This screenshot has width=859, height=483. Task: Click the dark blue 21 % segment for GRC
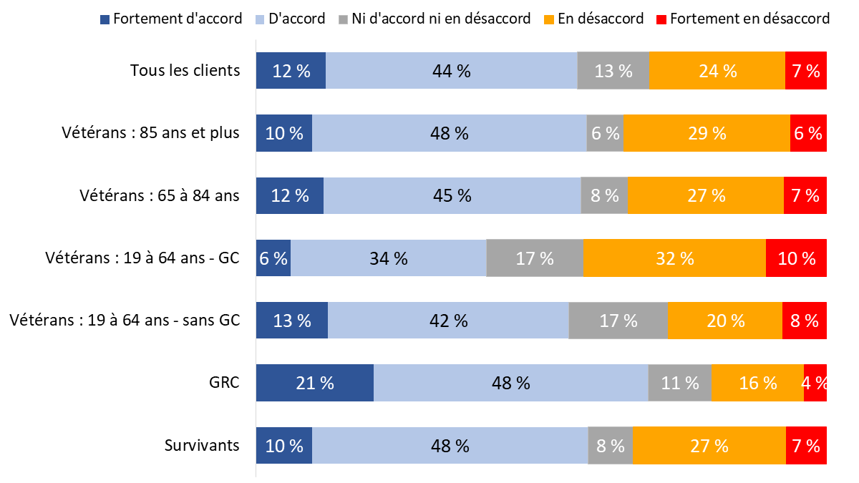[x=315, y=383]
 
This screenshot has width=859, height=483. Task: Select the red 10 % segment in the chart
[x=796, y=258]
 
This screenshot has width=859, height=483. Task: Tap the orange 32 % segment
[x=674, y=258]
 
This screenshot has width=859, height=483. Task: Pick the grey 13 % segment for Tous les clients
[x=613, y=71]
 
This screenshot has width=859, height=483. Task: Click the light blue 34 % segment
[x=388, y=258]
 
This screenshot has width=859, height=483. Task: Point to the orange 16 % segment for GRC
[x=757, y=383]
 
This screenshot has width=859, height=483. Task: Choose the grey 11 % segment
[x=679, y=383]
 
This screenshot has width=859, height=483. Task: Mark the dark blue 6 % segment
[x=273, y=258]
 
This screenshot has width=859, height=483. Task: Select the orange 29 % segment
[x=707, y=133]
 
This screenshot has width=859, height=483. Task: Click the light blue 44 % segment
[x=451, y=71]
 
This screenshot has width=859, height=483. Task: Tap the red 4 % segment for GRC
[x=815, y=383]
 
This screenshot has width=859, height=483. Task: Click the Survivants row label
[x=202, y=445]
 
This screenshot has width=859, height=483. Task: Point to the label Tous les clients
[x=185, y=71]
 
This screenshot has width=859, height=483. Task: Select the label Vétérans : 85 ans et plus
[x=150, y=133]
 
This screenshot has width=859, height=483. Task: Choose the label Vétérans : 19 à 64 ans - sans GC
[x=125, y=321]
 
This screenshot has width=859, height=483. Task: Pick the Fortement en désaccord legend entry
[x=742, y=19]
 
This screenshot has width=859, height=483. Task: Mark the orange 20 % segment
[x=724, y=321]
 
